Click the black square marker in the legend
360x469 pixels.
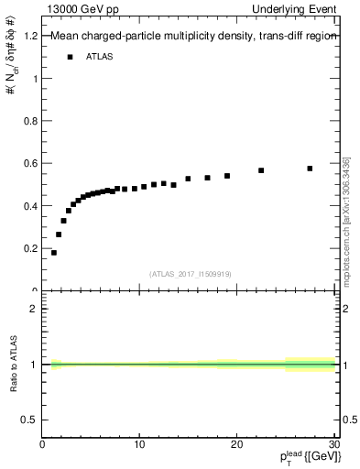70,57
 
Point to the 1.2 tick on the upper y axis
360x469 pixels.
31,36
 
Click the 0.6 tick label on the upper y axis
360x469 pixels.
31,163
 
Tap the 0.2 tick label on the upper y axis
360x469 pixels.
31,248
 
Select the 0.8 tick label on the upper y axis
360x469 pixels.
31,121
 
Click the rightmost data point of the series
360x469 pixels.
310,169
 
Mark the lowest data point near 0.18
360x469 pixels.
54,252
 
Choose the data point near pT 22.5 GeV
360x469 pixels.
261,170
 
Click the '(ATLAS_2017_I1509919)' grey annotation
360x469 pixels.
190,273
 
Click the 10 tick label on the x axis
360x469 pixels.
139,445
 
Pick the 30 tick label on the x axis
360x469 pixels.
333,445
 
